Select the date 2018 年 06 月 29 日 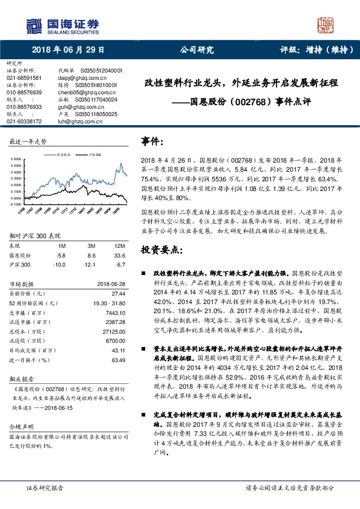click(x=68, y=50)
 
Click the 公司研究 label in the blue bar click(x=197, y=50)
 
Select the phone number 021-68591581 click(x=24, y=78)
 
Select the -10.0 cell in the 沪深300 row click(x=59, y=264)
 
